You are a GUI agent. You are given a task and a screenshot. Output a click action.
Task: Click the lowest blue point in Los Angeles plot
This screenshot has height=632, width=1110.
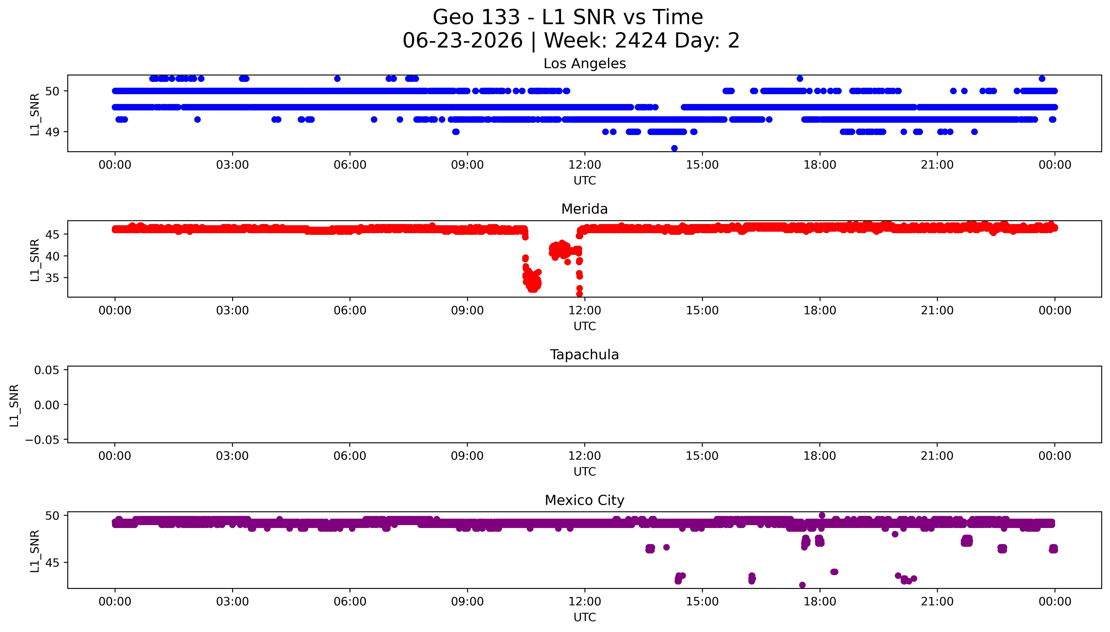coord(674,148)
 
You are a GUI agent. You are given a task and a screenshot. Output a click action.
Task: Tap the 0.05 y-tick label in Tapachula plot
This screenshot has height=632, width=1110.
coord(47,370)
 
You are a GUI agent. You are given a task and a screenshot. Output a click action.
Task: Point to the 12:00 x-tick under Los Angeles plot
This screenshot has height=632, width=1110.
coord(585,165)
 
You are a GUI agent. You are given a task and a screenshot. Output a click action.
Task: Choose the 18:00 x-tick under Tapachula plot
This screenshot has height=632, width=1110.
coord(820,456)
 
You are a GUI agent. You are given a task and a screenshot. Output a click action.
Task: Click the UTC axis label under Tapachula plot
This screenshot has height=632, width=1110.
coord(585,472)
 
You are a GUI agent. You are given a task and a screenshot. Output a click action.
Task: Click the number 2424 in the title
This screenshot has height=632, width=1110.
coord(641,41)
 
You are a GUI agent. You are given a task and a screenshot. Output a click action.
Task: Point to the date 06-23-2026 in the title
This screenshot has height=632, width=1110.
coord(463,41)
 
